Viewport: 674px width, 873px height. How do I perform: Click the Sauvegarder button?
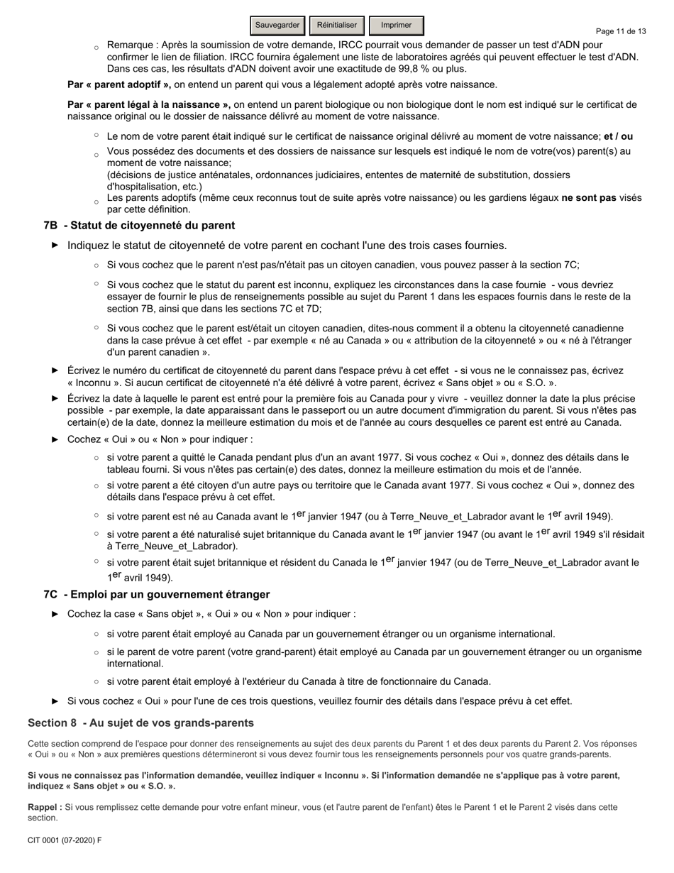[277, 26]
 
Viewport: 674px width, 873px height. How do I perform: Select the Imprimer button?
[396, 26]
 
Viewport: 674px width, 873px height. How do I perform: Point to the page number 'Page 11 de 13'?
[621, 31]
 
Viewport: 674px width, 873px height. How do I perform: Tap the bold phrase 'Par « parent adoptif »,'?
[119, 84]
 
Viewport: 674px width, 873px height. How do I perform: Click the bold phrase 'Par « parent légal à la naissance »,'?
[149, 104]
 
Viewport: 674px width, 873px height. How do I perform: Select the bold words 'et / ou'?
[618, 136]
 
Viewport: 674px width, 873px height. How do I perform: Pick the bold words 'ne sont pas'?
[588, 198]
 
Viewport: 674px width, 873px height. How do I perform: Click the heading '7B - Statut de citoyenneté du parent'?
[139, 225]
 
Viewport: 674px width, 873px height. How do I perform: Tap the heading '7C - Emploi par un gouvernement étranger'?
[156, 594]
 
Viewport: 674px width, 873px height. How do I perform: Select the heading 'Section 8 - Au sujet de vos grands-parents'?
[140, 723]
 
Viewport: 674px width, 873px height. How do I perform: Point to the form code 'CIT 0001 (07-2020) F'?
[65, 840]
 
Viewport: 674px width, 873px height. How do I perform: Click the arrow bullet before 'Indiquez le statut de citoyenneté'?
[55, 246]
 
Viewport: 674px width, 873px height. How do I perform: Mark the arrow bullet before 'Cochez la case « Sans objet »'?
[55, 614]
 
